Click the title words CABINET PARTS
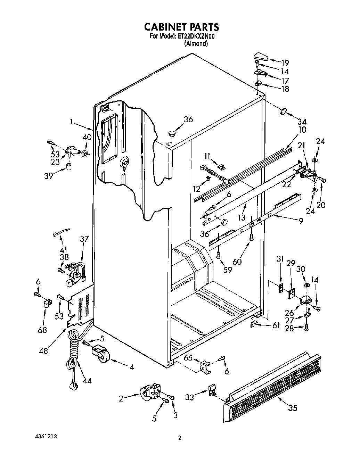coord(181,27)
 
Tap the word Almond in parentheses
coord(196,44)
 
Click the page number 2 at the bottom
coord(180,438)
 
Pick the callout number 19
coord(285,63)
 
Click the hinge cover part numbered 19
coord(260,56)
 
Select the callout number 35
coord(293,408)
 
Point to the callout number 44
coord(87,381)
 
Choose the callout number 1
coord(71,122)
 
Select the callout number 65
coord(188,357)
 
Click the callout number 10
coord(302,130)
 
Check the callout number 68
coord(42,329)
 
